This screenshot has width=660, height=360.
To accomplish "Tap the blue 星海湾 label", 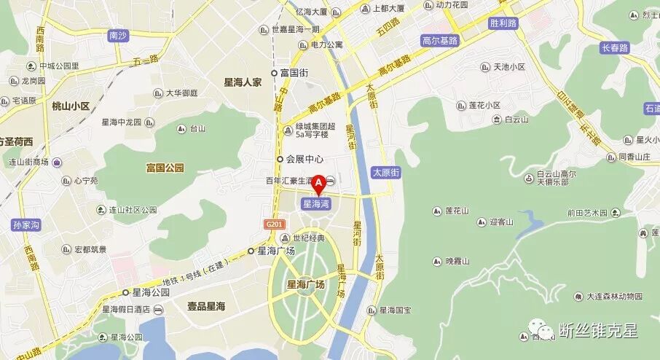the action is coord(316,205).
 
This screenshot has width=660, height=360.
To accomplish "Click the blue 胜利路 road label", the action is coord(503,23).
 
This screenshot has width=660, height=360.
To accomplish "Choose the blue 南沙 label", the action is coord(118,35).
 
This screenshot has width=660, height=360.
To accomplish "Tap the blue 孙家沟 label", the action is coord(25,225).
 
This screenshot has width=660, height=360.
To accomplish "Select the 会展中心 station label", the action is coord(304,159).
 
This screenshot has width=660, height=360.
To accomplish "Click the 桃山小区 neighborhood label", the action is coord(71,106).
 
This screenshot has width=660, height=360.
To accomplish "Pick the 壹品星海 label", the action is coord(206,307).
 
